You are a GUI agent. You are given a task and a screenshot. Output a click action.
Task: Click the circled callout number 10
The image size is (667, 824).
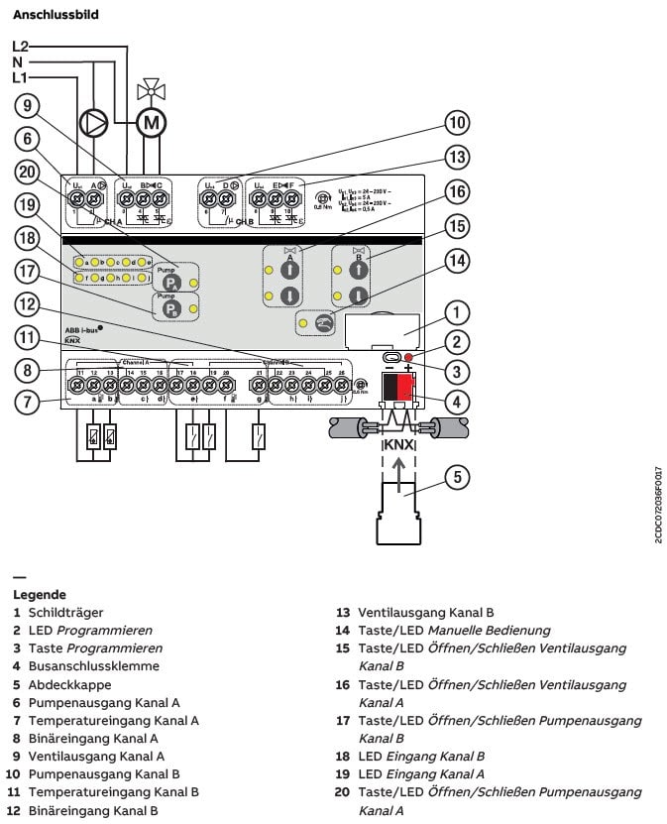pyautogui.click(x=455, y=124)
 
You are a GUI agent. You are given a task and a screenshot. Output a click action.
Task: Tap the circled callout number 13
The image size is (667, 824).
pyautogui.click(x=455, y=156)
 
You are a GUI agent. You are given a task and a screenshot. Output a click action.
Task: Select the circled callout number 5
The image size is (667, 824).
pyautogui.click(x=455, y=477)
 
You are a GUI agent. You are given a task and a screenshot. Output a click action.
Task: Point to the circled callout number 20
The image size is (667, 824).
pyautogui.click(x=27, y=172)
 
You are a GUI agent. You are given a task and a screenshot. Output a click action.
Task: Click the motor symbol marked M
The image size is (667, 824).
pyautogui.click(x=152, y=122)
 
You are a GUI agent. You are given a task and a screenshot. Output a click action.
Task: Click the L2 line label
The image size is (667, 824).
pyautogui.click(x=21, y=46)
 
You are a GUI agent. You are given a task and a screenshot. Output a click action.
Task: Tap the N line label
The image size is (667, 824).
pyautogui.click(x=19, y=61)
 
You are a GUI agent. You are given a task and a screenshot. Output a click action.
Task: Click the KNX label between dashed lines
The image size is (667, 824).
pyautogui.click(x=396, y=443)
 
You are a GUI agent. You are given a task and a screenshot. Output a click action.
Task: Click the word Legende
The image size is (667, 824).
pyautogui.click(x=40, y=594)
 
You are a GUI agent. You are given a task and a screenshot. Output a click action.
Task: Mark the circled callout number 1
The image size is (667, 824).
pyautogui.click(x=455, y=314)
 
